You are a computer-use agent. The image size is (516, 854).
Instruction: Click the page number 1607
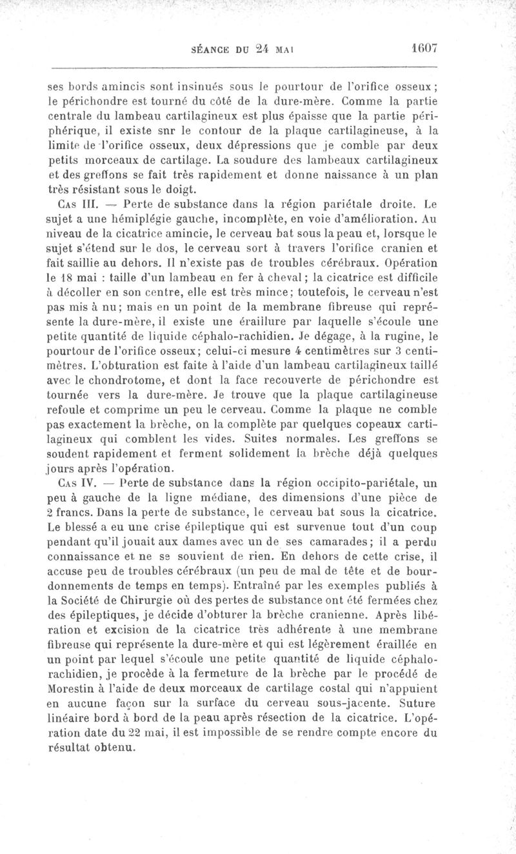pos(423,48)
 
